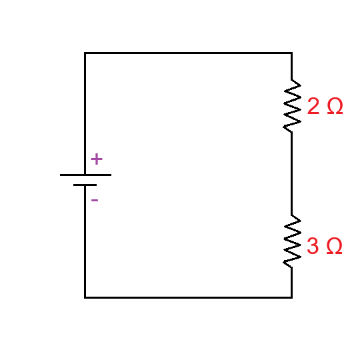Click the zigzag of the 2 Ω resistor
point(291,107)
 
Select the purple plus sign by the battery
point(97,159)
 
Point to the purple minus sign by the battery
point(95,199)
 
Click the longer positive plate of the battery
point(85,175)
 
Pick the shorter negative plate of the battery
point(85,185)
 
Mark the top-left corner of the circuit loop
point(85,53)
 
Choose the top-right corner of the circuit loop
point(291,53)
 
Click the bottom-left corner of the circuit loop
point(85,297)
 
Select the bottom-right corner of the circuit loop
point(291,297)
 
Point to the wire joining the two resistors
point(291,173)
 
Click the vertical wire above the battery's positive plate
point(85,113)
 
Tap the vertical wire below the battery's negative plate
point(85,240)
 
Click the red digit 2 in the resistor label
point(313,107)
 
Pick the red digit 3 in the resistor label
point(313,247)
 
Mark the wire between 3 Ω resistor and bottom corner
point(291,282)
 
